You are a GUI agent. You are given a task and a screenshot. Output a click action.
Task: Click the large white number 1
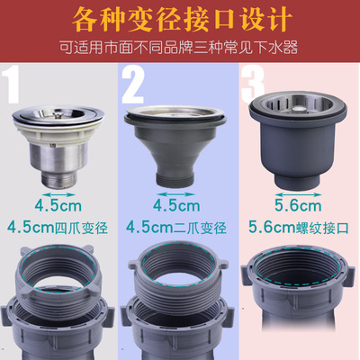click(12, 85)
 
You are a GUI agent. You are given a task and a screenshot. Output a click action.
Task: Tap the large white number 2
click(133, 85)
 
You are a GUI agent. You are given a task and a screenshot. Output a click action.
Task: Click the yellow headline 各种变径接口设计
click(181, 19)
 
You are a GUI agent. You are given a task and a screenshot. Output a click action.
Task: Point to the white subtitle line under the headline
click(179, 48)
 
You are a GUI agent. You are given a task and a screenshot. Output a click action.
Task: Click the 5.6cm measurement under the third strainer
click(298, 205)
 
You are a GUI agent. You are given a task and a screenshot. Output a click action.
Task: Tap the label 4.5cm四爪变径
click(58, 228)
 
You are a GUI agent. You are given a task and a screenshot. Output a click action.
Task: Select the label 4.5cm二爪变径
click(176, 228)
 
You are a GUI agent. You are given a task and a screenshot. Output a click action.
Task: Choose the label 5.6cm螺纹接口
click(299, 228)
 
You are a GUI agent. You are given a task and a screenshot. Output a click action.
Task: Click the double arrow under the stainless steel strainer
click(58, 194)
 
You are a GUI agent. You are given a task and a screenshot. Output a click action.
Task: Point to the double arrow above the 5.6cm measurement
click(298, 195)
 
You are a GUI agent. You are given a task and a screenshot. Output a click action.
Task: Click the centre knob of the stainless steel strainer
click(56, 113)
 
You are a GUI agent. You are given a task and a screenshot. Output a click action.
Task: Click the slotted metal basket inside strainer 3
click(298, 106)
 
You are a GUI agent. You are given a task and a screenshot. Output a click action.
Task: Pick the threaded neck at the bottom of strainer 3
click(298, 182)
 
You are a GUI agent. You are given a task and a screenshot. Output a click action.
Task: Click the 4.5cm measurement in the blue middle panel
click(176, 205)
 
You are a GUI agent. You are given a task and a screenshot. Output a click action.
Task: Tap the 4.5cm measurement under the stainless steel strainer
click(58, 205)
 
